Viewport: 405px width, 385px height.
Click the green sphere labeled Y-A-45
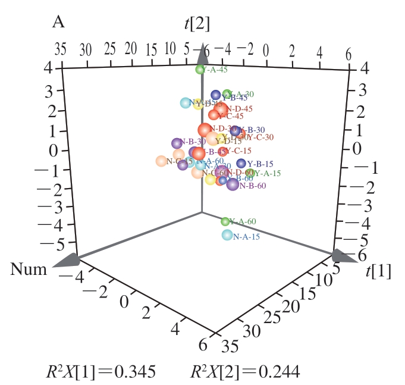[200, 70]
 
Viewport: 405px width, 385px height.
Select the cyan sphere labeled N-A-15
[227, 235]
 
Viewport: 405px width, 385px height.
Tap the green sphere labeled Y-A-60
[225, 222]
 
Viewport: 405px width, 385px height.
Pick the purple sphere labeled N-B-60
[233, 185]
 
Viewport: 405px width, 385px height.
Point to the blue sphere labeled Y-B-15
[241, 163]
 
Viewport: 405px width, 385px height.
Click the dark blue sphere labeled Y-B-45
[216, 95]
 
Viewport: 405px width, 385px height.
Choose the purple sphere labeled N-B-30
[176, 143]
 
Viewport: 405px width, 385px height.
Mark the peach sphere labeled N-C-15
[161, 161]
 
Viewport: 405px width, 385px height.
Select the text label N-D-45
[240, 109]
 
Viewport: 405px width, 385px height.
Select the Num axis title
[28, 270]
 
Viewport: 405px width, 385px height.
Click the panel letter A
[58, 23]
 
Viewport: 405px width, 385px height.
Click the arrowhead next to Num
[66, 260]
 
